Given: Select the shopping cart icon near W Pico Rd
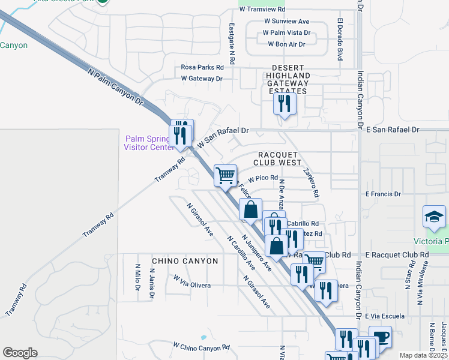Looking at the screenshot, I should pyautogui.click(x=225, y=176).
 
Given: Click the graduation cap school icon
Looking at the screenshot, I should pyautogui.click(x=435, y=217).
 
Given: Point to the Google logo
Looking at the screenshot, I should pyautogui.click(x=20, y=352).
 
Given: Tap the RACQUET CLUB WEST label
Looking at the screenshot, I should pyautogui.click(x=277, y=158).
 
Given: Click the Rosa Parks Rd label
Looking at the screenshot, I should pyautogui.click(x=202, y=68).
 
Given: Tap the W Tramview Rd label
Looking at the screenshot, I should pyautogui.click(x=262, y=10).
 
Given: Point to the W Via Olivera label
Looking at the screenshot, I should pyautogui.click(x=192, y=281).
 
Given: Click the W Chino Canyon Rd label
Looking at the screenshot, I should pyautogui.click(x=201, y=347).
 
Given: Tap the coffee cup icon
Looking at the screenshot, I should pyautogui.click(x=379, y=337).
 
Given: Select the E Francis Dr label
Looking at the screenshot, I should pyautogui.click(x=383, y=194).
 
